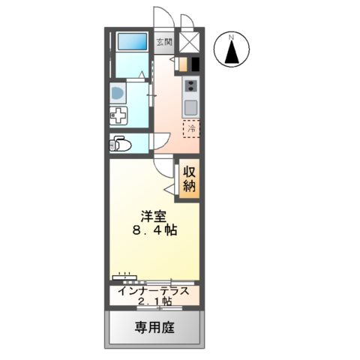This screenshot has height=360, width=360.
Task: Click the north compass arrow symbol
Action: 232,52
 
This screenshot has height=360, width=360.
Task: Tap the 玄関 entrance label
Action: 164,42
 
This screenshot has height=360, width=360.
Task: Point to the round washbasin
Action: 118,93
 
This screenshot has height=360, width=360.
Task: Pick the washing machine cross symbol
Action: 118,117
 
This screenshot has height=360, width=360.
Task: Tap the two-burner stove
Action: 190,85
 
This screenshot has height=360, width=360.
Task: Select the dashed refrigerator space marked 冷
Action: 193,129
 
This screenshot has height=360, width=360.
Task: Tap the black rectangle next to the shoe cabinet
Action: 194,64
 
